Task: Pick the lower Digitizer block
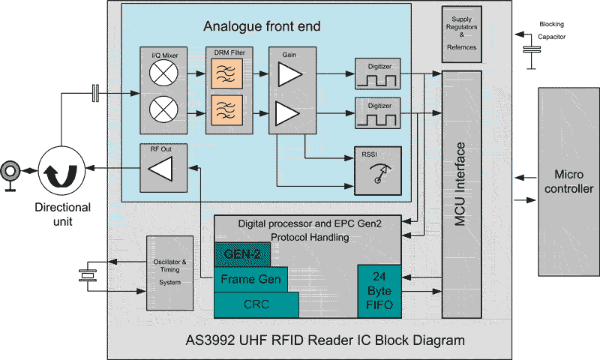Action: (379, 112)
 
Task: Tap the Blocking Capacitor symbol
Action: (532, 50)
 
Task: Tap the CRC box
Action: (256, 304)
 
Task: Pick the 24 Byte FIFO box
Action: (379, 291)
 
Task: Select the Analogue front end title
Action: (262, 27)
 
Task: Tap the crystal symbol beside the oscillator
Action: (88, 275)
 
